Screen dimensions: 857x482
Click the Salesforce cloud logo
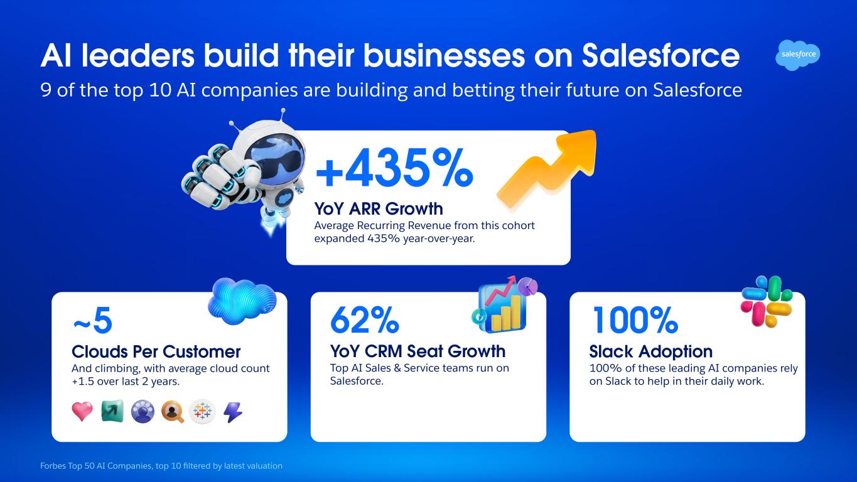pos(798,55)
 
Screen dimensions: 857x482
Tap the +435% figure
pos(394,168)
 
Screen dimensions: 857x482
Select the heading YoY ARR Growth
pos(379,209)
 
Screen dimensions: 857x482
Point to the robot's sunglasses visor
pos(276,156)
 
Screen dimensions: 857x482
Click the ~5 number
pos(92,321)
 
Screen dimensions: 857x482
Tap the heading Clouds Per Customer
pos(156,351)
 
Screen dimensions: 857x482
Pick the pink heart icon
pos(82,411)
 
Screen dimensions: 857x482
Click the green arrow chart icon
pos(112,411)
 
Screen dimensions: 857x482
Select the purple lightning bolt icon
pos(233,412)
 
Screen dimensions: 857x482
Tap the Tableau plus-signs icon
pos(202,412)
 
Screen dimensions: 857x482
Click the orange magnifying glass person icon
pos(173,412)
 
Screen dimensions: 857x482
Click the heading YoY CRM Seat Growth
pos(418,351)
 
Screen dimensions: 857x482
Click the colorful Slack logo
pos(767,301)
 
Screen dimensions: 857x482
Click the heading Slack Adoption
pos(651,351)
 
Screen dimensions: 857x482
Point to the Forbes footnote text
pos(161,466)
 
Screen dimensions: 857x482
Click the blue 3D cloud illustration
pos(242,302)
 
